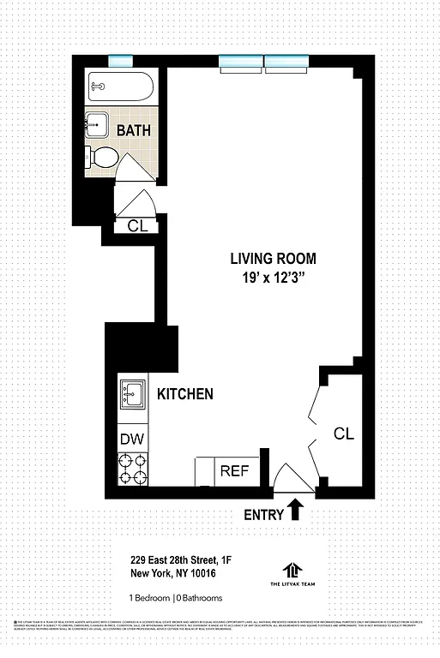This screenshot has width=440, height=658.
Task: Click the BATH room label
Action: [134, 131]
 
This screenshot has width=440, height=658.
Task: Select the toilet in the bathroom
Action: [105, 158]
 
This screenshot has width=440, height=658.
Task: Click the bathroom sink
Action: [98, 124]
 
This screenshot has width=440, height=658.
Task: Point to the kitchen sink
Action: [132, 395]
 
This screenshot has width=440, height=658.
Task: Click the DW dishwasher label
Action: [132, 440]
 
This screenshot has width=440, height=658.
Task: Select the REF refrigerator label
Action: [234, 470]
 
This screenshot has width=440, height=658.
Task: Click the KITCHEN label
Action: [184, 394]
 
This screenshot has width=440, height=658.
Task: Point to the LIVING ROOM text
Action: [274, 258]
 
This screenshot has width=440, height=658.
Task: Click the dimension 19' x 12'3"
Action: [274, 278]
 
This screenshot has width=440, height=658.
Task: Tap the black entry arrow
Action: [296, 511]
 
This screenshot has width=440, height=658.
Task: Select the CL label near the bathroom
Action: [137, 226]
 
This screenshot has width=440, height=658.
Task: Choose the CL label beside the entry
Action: [343, 434]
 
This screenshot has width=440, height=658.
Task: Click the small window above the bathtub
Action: [121, 60]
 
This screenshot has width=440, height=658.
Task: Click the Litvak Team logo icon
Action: [293, 570]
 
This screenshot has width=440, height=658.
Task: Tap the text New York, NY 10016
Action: [172, 574]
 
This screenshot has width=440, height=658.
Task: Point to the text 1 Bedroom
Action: [149, 598]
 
